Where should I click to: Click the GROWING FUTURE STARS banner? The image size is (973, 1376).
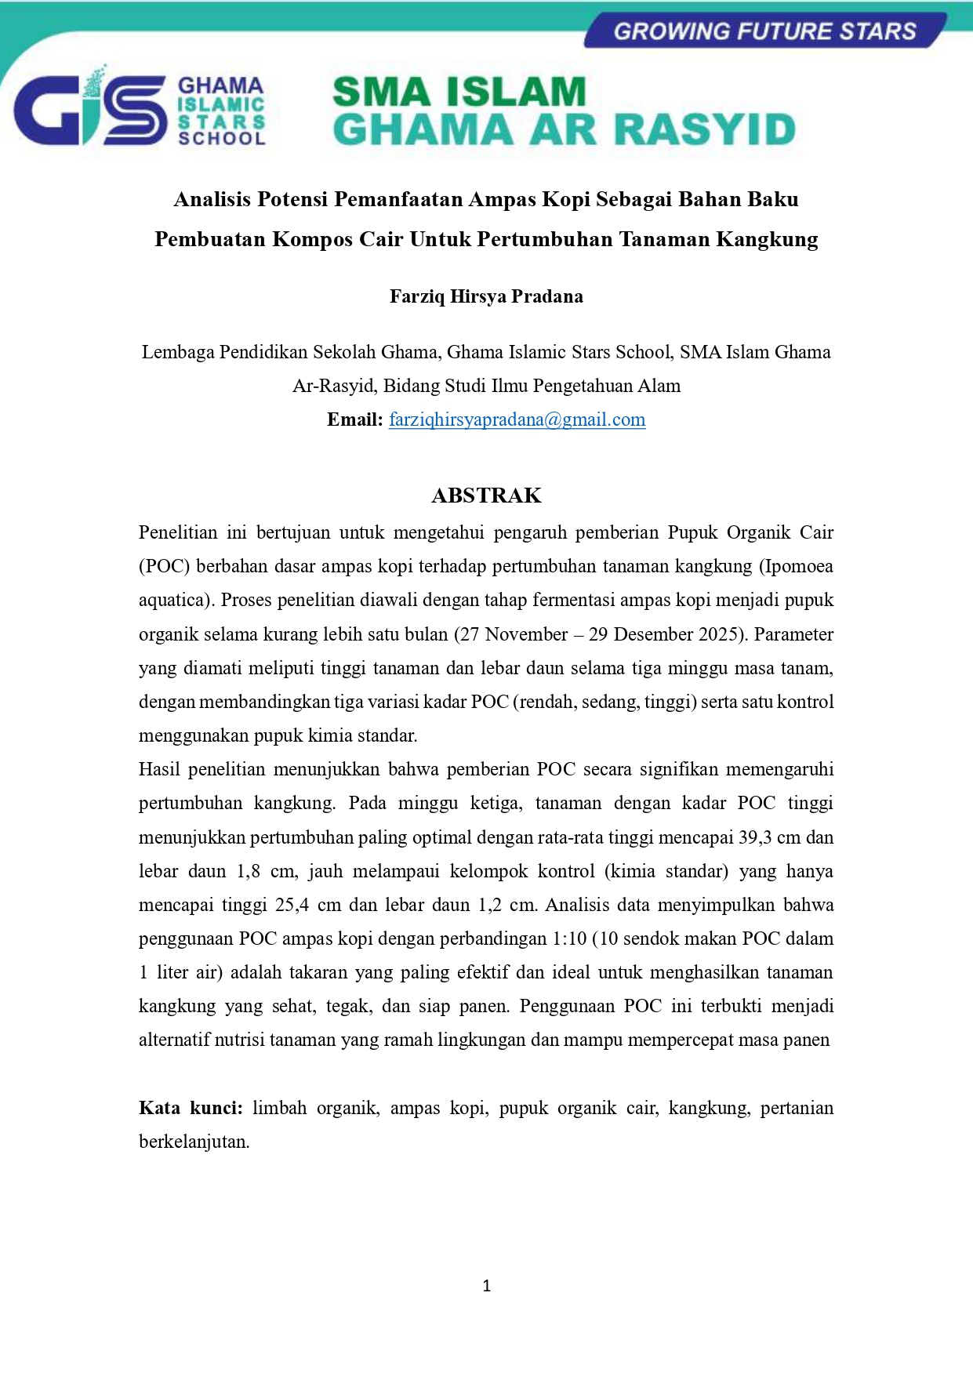coord(764,31)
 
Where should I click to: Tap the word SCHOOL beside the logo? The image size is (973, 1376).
coord(222,138)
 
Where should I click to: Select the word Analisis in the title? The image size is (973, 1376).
coord(212,199)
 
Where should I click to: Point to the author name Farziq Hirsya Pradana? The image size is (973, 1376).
coord(486,296)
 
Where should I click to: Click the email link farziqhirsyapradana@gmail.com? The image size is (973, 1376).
coord(517,419)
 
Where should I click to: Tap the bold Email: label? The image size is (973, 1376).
coord(354,419)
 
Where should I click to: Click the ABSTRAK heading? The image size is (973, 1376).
coord(486,496)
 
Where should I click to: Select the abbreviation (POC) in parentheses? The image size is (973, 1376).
coord(165,566)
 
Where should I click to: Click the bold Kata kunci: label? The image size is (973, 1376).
coord(191,1108)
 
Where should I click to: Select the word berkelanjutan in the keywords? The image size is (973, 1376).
coord(193,1142)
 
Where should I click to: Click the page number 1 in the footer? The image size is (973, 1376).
coord(486,1286)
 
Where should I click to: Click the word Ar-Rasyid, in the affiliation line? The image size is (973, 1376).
coord(335,386)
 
